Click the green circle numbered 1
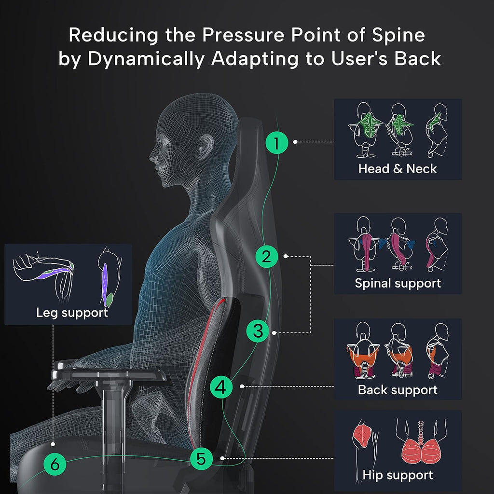coord(276,143)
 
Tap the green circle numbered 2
coord(266,257)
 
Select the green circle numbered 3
coord(258,331)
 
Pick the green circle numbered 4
coord(221,387)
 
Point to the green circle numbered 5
coord(201,458)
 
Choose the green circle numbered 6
coord(55,464)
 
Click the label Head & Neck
coord(398,169)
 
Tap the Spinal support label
coord(398,283)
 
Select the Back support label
coord(398,390)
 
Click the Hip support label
coord(398,475)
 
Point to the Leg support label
coord(72,313)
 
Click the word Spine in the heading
coord(398,35)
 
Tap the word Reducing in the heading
coord(113,35)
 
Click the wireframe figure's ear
coord(205,145)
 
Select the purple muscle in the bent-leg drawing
coord(54,273)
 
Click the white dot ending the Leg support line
coord(53,444)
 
